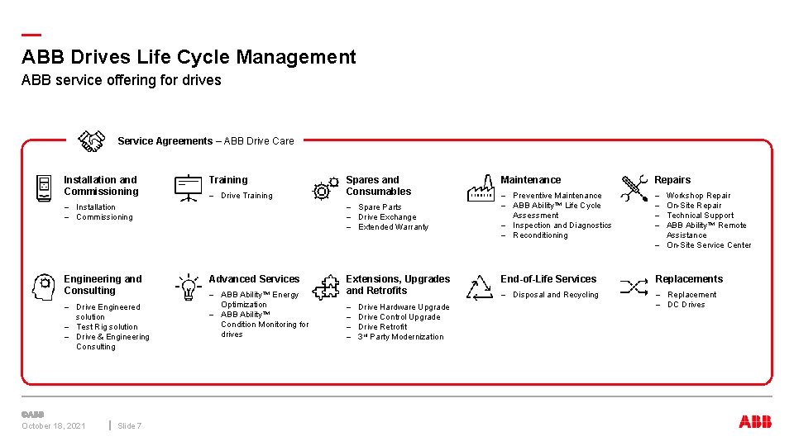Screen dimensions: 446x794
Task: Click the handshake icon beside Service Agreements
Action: pos(91,141)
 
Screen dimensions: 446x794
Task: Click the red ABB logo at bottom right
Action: pos(755,422)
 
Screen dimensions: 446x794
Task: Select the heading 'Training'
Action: pos(227,180)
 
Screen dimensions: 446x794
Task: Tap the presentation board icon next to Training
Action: pos(188,187)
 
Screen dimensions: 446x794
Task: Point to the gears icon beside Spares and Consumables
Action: pos(325,188)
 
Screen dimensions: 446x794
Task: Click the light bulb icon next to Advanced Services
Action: pos(188,287)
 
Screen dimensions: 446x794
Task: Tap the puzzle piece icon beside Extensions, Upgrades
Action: pos(325,287)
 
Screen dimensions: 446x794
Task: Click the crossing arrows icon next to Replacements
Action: pos(634,287)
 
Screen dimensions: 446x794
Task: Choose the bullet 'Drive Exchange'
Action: pos(387,217)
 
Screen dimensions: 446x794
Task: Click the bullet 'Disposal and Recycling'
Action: pos(555,295)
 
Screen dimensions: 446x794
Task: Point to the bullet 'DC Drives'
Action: pos(686,305)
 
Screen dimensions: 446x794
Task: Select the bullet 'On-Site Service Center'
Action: pos(709,245)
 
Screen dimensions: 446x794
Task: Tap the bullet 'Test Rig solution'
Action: pos(107,327)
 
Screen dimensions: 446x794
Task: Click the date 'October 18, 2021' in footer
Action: pos(53,426)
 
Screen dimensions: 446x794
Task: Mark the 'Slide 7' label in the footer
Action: pos(129,426)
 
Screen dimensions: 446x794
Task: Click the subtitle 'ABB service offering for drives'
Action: pos(122,80)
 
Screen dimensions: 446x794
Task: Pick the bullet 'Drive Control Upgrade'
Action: pos(399,317)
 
